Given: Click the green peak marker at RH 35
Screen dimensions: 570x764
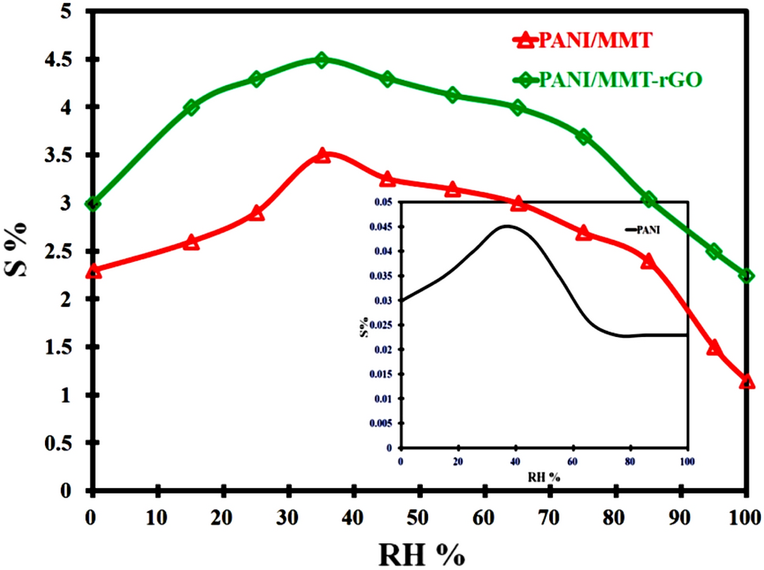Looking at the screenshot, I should pos(322,60).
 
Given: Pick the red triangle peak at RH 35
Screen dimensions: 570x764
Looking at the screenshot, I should pos(322,156).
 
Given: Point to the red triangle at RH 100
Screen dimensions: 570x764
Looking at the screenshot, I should pos(747,381).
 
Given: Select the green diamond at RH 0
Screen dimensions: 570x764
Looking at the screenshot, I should pos(92,204).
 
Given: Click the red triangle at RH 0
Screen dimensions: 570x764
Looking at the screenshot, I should pos(92,270).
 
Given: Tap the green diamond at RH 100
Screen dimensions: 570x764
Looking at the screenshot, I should pos(747,276).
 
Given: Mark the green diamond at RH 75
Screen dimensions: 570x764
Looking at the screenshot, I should pos(584,137).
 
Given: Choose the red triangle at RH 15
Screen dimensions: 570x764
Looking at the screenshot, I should pos(191,242).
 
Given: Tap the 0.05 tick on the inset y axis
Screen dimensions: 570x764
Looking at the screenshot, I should pos(383,203).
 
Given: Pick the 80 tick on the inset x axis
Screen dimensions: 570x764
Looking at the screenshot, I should pos(630,462).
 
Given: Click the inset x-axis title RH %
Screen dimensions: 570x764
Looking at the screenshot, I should pos(544,477).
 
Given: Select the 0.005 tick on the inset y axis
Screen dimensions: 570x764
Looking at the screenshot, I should pos(382,423).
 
